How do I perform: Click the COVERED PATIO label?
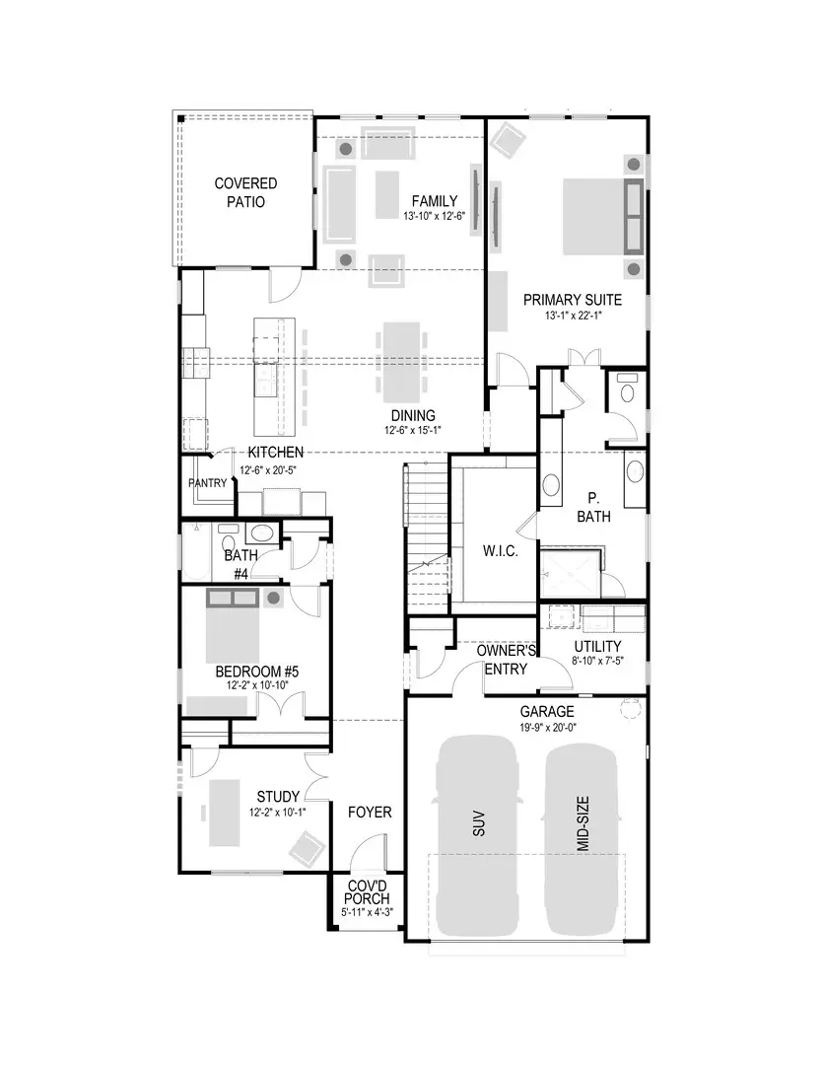tap(245, 192)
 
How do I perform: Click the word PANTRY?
tap(208, 484)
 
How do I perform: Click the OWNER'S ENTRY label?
tap(506, 660)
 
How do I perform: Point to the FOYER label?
tap(370, 813)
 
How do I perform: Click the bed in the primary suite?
tap(599, 216)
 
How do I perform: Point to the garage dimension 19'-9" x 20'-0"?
tap(547, 728)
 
